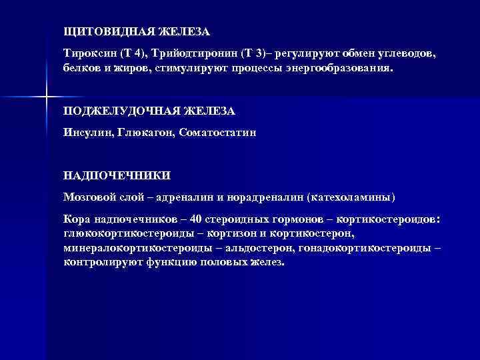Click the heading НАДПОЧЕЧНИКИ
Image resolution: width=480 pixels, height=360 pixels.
click(117, 175)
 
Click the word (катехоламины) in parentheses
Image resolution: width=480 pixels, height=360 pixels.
click(355, 197)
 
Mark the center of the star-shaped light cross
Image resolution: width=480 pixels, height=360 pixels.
click(45, 98)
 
